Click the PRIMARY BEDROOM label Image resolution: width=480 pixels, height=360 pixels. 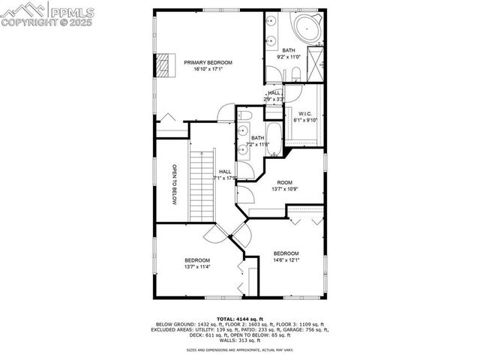[x=208, y=62]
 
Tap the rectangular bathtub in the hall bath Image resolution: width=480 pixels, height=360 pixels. [x=273, y=135]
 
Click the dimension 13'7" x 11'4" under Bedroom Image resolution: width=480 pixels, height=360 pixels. [x=197, y=266]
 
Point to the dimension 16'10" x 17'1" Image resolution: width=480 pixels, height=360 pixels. [x=208, y=70]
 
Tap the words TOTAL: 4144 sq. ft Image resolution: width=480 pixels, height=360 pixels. [x=239, y=319]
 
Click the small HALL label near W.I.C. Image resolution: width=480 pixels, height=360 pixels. [x=274, y=92]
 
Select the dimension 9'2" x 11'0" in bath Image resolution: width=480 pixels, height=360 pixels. [x=288, y=57]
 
